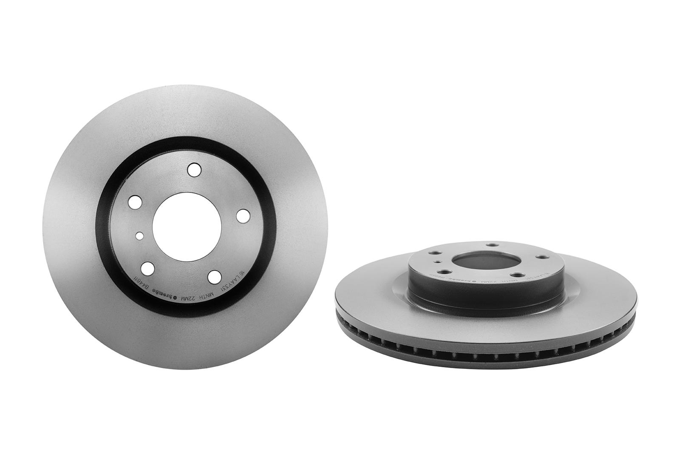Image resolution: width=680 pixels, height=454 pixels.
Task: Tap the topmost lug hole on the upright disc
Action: click(194, 170)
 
